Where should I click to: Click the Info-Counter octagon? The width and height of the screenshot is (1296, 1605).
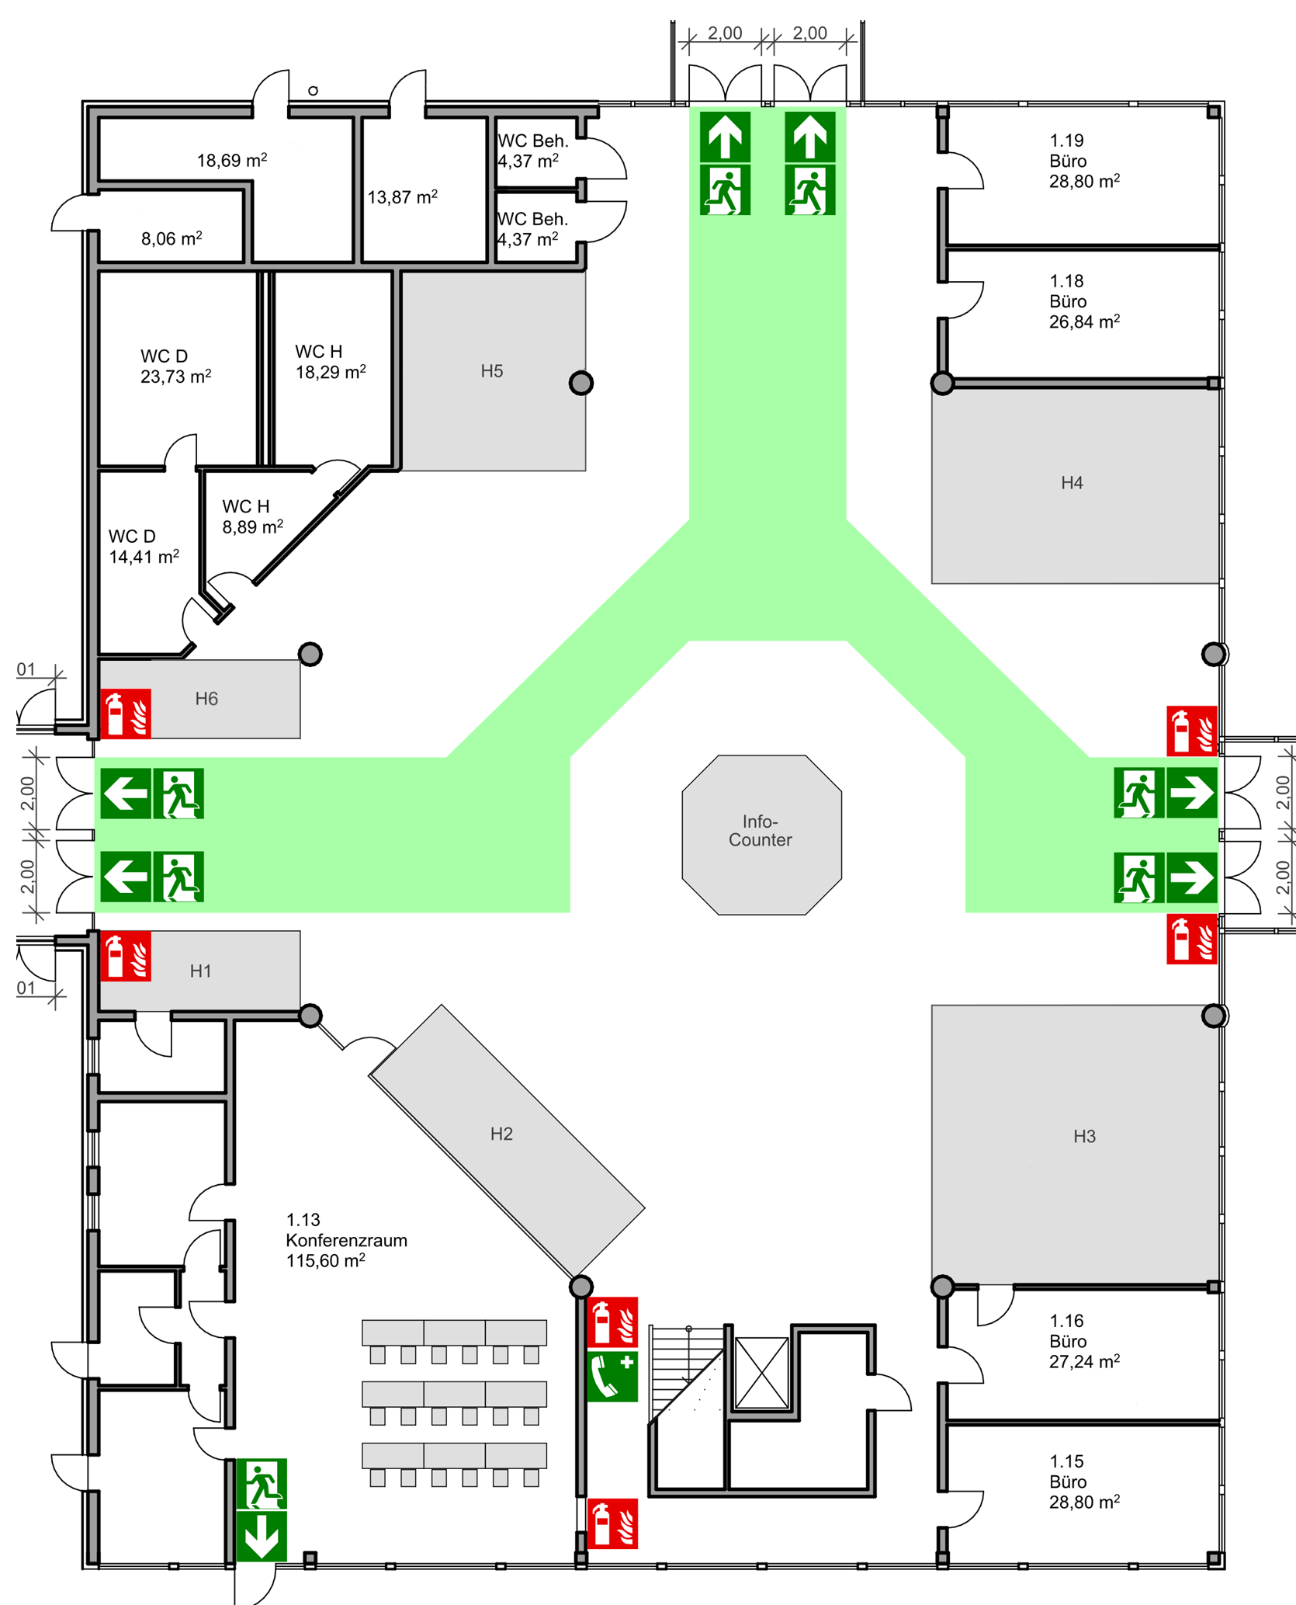761,834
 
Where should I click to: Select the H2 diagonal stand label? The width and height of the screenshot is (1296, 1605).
501,1134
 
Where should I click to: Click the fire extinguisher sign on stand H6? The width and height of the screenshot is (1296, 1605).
126,714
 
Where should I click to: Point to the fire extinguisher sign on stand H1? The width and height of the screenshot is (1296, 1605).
126,957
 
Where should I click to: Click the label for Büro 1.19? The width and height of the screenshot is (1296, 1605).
1083,162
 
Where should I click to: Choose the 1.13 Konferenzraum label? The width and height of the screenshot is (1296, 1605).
346,1240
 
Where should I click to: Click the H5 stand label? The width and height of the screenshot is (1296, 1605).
492,371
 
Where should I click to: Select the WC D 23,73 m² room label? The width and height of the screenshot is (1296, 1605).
175,367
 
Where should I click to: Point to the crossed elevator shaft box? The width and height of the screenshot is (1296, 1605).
762,1373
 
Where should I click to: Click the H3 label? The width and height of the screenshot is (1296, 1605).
1084,1137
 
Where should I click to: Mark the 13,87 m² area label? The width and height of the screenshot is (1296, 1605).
402,197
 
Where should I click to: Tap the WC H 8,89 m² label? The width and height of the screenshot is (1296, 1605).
252,517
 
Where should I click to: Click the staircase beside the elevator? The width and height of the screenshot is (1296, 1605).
686,1374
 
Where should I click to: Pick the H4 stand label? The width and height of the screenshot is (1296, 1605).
1072,483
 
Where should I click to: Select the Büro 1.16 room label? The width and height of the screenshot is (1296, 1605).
1083,1342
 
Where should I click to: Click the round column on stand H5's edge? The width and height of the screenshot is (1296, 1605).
581,383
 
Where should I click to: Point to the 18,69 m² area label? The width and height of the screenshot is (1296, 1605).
232,161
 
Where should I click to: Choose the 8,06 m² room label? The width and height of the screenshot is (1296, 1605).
172,238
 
